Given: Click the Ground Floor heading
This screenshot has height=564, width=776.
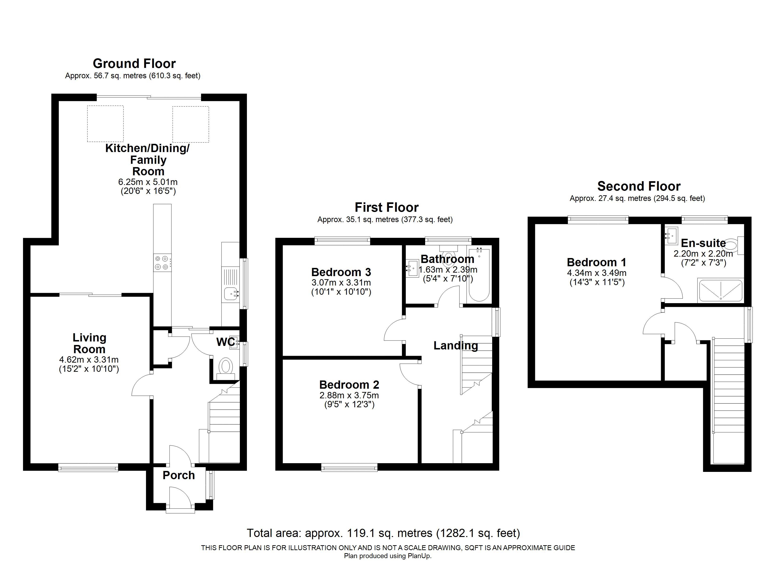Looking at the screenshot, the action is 134,64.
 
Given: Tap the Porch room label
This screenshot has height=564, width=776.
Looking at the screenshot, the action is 179,475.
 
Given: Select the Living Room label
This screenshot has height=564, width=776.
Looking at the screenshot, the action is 89,343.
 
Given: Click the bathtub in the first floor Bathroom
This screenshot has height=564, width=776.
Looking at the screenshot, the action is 479,275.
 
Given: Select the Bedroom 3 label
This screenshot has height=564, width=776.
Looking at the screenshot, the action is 341,272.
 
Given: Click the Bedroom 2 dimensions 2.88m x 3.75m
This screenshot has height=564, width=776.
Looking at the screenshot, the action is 349,395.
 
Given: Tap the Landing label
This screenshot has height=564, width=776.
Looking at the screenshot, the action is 456,345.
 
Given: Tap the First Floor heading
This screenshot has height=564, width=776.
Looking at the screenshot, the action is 387,208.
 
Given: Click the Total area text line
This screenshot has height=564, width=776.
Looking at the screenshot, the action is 384,533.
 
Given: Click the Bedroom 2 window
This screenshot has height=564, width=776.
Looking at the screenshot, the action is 349,467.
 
